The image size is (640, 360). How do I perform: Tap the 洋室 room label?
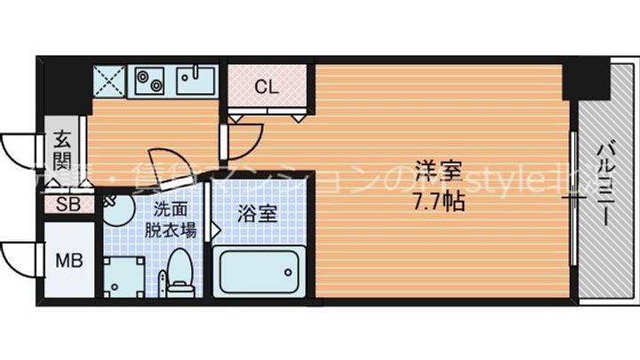435,166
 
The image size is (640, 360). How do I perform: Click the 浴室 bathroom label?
256,214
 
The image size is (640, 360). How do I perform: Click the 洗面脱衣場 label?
170,219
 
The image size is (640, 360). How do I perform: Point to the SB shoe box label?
66,205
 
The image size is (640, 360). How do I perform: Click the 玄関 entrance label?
62,150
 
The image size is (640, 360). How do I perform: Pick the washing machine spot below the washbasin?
119,274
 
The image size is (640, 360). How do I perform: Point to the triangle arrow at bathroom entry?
216,230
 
